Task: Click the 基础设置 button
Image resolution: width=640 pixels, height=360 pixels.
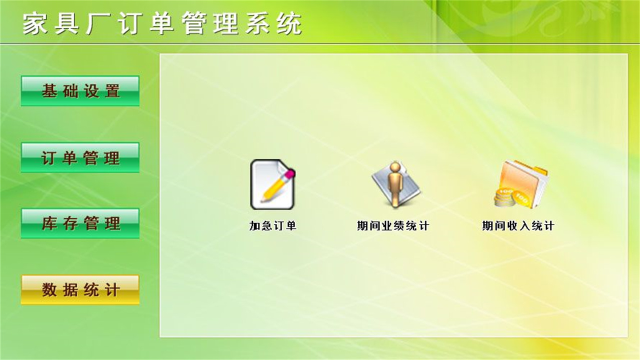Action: (80, 91)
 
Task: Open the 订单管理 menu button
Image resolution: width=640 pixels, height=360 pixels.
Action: (80, 157)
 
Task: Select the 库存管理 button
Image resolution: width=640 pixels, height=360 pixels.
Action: (80, 223)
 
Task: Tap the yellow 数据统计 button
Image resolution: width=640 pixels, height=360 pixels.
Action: (80, 289)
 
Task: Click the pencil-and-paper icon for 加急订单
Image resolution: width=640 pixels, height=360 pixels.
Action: (272, 184)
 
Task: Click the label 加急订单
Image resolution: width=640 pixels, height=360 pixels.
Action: (273, 226)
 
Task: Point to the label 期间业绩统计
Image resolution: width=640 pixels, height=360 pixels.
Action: (393, 226)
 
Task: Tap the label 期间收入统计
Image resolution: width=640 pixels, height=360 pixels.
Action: (518, 226)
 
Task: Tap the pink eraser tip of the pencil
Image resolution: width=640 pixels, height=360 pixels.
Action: (289, 173)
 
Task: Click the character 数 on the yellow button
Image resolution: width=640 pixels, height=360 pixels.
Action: (49, 289)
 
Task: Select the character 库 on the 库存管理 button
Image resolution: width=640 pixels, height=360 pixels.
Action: (49, 223)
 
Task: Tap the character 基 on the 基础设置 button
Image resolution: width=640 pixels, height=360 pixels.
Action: (49, 91)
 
